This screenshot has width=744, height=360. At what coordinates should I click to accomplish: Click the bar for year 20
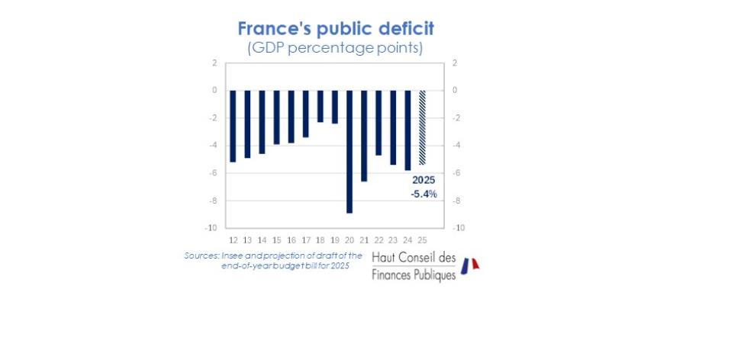click(x=349, y=151)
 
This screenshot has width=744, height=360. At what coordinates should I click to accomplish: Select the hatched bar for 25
click(x=422, y=127)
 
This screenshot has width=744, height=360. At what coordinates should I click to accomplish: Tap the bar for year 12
click(x=233, y=126)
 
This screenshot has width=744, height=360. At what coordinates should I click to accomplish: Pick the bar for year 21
click(x=364, y=135)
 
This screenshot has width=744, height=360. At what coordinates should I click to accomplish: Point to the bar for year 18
click(x=320, y=106)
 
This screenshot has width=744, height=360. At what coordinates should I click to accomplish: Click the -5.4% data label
click(x=424, y=194)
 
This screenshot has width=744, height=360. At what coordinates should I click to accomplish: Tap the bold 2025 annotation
click(x=424, y=180)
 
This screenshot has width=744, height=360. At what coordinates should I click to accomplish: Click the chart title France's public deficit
click(x=336, y=29)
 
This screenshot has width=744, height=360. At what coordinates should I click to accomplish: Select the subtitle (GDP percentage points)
click(x=336, y=47)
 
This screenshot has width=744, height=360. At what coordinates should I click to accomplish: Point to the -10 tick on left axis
click(x=211, y=228)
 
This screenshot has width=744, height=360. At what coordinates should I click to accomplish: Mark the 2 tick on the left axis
click(x=214, y=63)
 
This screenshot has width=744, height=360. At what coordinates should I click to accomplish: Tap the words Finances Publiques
click(x=414, y=273)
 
